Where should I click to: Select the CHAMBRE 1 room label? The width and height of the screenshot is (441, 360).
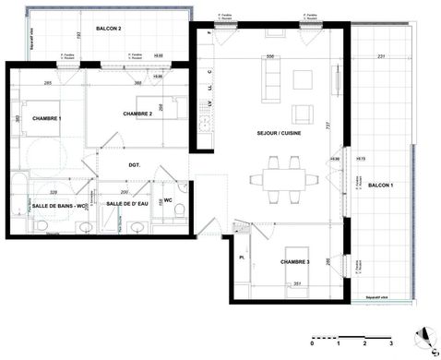46,119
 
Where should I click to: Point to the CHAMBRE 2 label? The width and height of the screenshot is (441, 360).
137,114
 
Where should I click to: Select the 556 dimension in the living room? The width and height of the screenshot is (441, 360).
269,57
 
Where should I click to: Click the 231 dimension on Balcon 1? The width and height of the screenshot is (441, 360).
382,57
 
